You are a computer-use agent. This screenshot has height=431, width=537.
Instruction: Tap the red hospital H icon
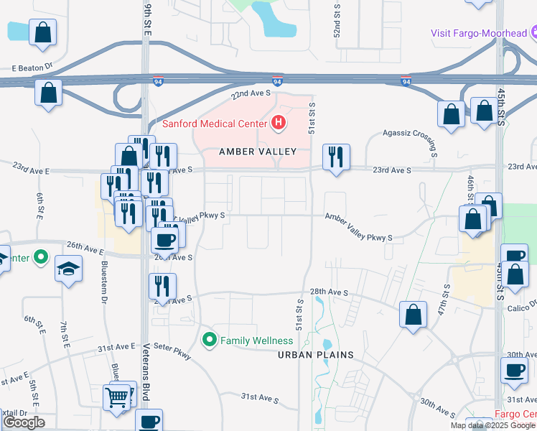coord(279,124)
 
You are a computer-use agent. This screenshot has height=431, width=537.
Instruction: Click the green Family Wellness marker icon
coord(210,340)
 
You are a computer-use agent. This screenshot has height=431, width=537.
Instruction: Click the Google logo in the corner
coord(24,422)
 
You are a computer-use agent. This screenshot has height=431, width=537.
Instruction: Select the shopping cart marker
coord(116,396)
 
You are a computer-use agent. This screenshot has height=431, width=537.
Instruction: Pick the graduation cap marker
coord(69,269)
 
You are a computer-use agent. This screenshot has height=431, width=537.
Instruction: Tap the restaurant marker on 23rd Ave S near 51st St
coord(335,157)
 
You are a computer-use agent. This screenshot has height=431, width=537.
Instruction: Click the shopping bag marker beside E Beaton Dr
coord(48,93)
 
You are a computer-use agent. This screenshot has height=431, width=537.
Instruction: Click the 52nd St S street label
coord(336,19)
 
